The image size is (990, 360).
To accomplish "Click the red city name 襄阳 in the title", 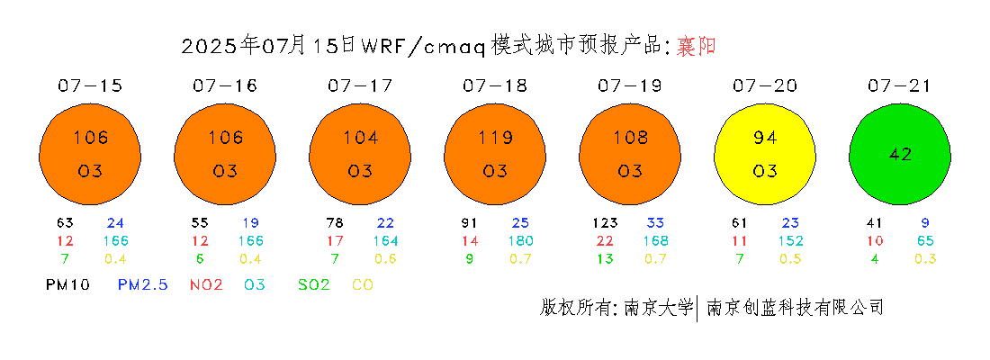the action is [696, 46].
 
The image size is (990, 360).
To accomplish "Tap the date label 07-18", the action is [495, 85].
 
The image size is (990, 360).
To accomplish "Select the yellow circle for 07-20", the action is [765, 155].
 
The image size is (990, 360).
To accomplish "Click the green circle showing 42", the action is [900, 155].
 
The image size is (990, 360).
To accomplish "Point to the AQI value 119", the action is [495, 137].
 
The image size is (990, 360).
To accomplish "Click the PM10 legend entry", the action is [67, 284].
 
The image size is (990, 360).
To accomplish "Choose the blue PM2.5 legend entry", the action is [143, 284].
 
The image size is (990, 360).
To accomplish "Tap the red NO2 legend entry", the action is [206, 284].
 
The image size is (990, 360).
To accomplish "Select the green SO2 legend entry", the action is [314, 284].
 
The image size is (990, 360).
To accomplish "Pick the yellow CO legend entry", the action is [363, 284].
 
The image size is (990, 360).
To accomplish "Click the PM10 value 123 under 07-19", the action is [605, 223].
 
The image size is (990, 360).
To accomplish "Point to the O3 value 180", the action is [521, 240].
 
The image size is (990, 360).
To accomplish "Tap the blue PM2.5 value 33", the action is [655, 223].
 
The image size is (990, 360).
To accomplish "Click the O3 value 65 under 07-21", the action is [925, 240].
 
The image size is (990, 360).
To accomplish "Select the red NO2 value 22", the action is [605, 240].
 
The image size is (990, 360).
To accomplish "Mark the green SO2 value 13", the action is [605, 258].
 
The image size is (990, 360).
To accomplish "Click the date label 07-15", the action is [90, 85].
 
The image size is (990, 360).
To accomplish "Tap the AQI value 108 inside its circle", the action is [630, 137].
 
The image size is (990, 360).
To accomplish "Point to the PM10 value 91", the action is [470, 223].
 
